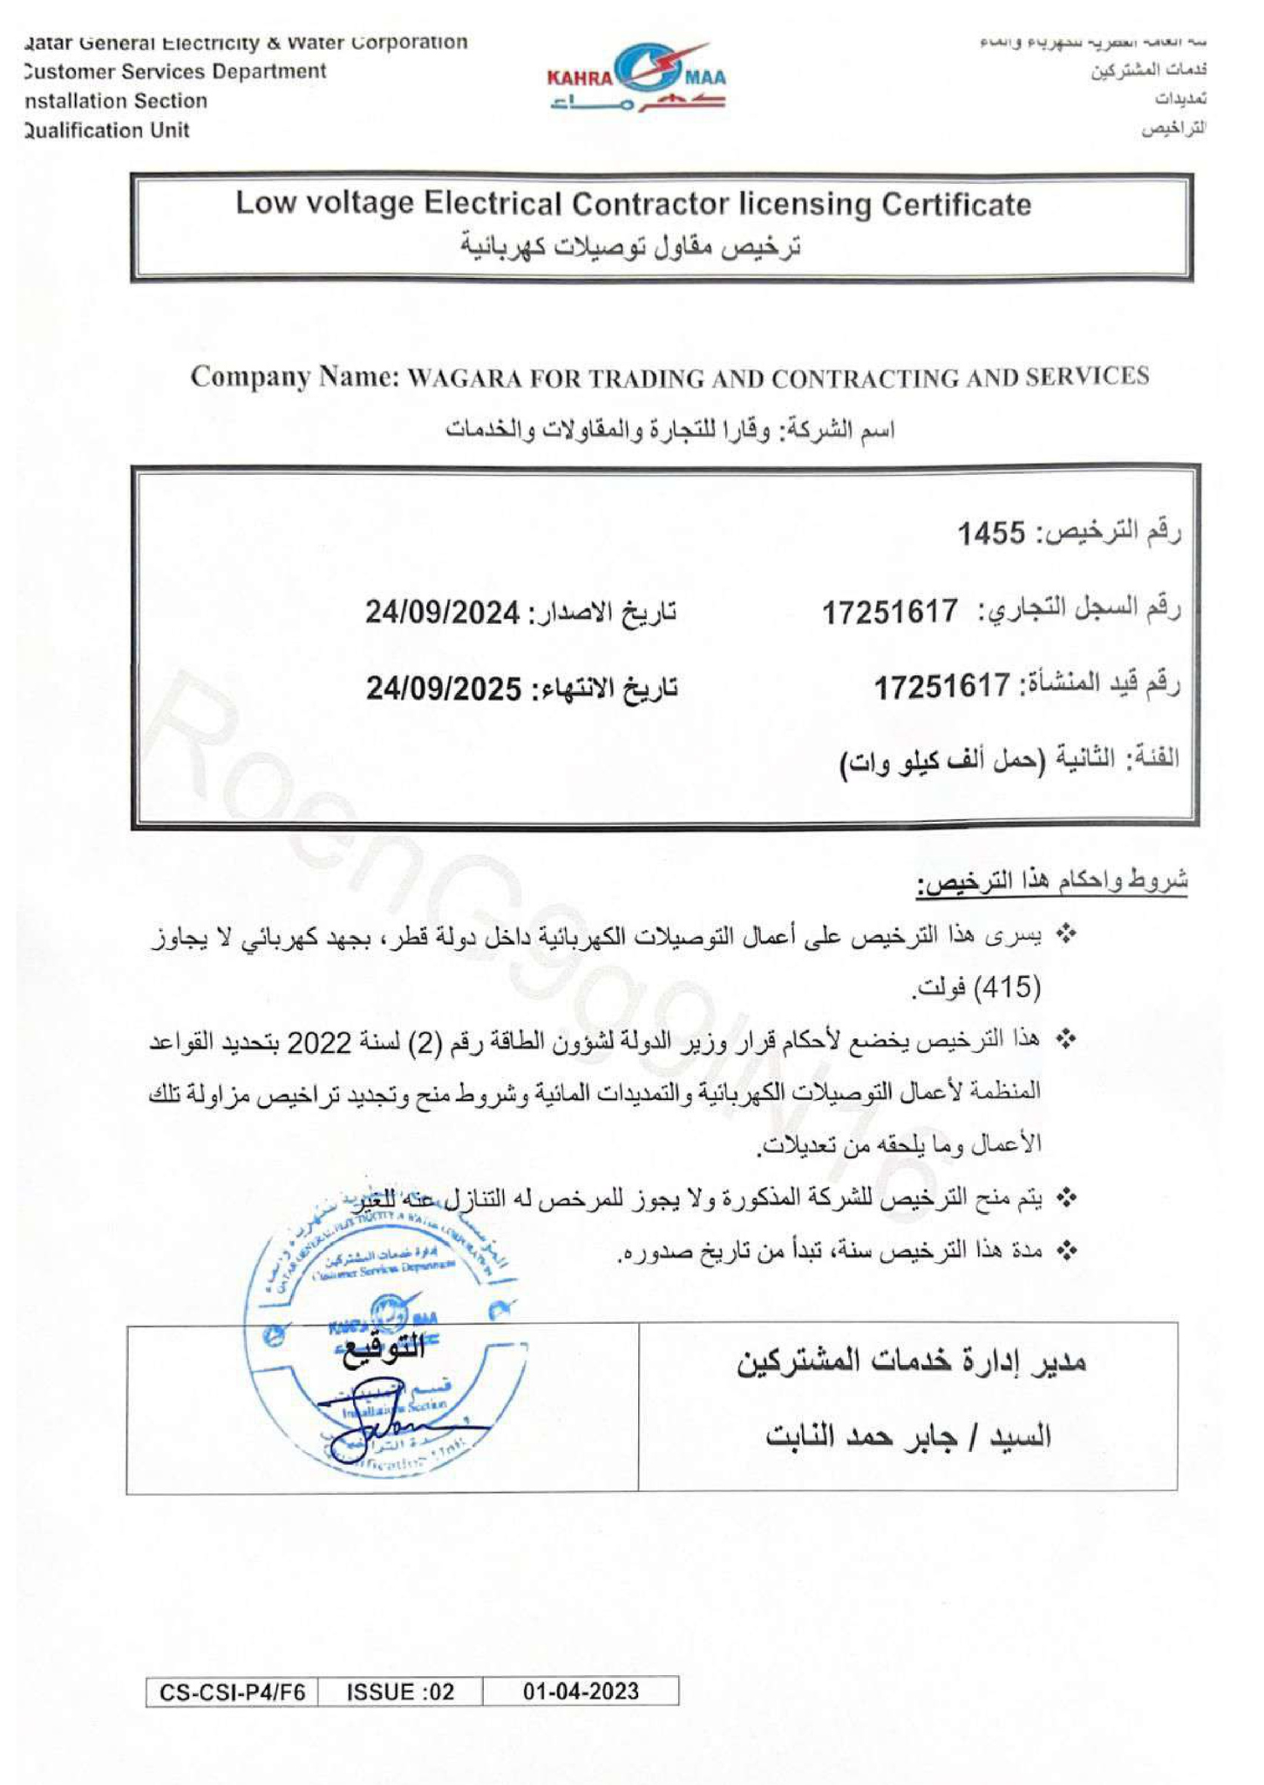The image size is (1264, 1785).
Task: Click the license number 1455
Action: pos(991,533)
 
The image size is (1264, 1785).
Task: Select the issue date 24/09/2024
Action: pos(443,612)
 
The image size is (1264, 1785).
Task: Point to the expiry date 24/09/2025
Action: pos(443,689)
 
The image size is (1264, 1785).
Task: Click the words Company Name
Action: pos(295,377)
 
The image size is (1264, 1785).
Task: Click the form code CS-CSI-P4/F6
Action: pos(232,1692)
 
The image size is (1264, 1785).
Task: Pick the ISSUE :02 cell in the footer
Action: pos(400,1692)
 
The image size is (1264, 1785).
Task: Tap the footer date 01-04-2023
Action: pos(581,1692)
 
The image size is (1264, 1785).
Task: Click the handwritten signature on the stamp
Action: pos(392,1429)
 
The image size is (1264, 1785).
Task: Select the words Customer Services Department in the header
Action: pos(175,71)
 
